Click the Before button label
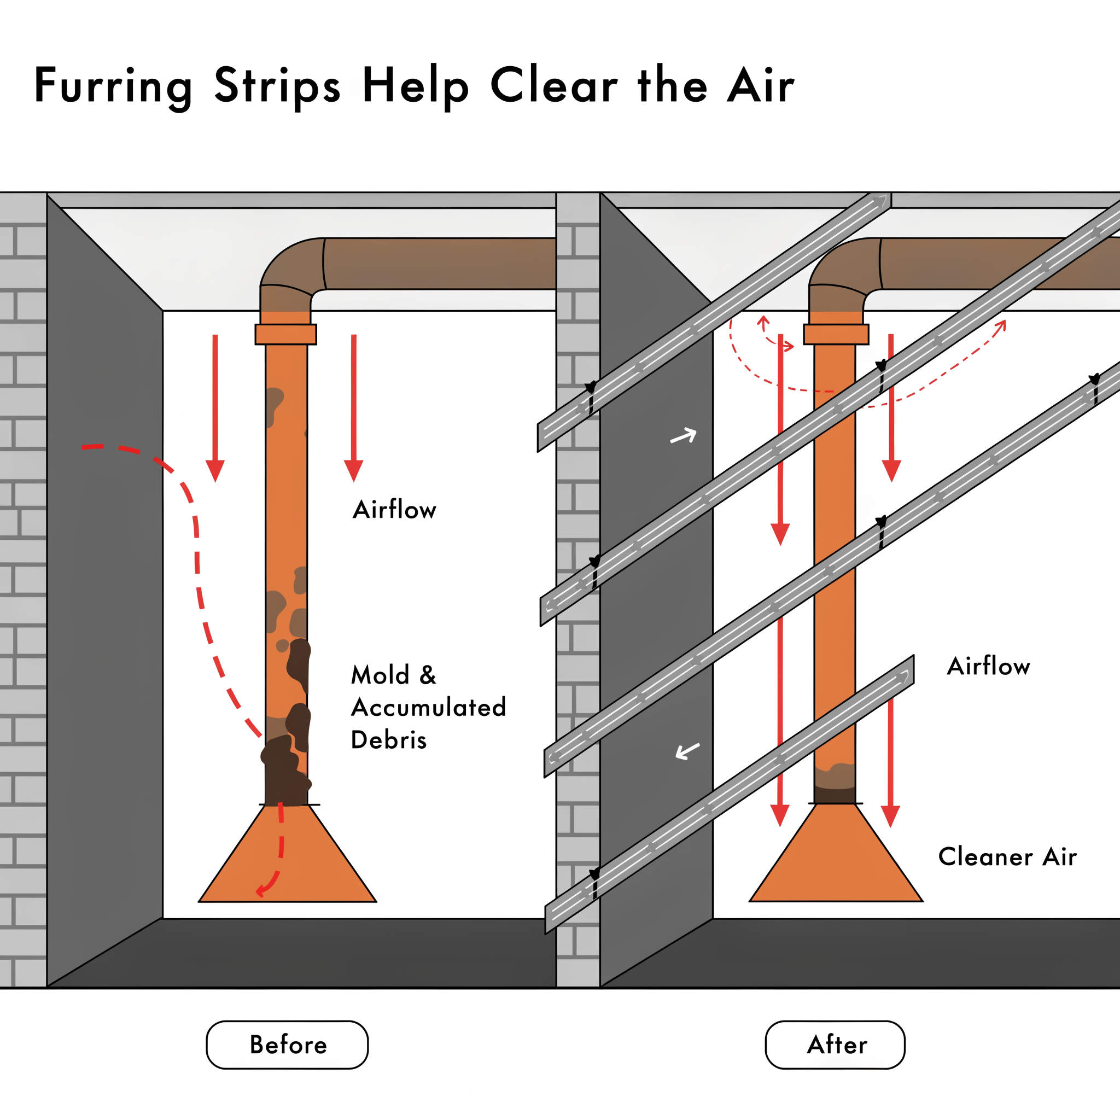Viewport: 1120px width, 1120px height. click(288, 1045)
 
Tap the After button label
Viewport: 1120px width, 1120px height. click(837, 1045)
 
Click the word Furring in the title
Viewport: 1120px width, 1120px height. click(113, 86)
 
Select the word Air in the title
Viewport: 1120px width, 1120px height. click(760, 86)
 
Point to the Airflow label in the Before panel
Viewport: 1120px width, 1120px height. click(394, 510)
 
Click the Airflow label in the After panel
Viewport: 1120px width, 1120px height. click(988, 666)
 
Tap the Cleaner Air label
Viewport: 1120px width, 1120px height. click(1007, 857)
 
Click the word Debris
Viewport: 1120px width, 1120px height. click(388, 740)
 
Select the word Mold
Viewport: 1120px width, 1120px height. click(380, 675)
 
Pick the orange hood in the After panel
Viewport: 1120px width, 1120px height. click(836, 858)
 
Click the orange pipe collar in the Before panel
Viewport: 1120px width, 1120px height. click(286, 335)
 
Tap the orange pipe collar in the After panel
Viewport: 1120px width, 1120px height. click(836, 335)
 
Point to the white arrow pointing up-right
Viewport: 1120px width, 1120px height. click(683, 436)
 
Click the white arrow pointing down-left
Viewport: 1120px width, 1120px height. click(687, 751)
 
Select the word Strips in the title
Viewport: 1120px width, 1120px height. click(277, 86)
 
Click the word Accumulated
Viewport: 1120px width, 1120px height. click(428, 708)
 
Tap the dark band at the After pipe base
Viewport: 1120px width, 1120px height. click(835, 795)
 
